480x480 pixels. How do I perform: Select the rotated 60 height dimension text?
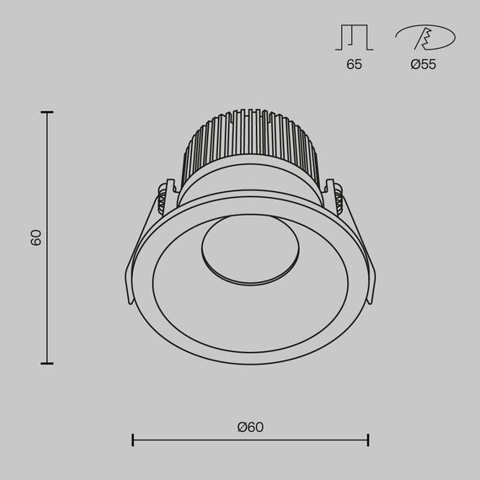[36, 237]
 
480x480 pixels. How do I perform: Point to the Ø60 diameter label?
[250, 427]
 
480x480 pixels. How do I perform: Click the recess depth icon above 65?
[354, 38]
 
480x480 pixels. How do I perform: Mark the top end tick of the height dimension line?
[47, 111]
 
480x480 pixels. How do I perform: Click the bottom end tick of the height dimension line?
[47, 363]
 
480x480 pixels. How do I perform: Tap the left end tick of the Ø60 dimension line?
[133, 440]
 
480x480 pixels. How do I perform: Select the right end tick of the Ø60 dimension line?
[368, 440]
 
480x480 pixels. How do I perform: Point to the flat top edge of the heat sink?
[250, 111]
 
